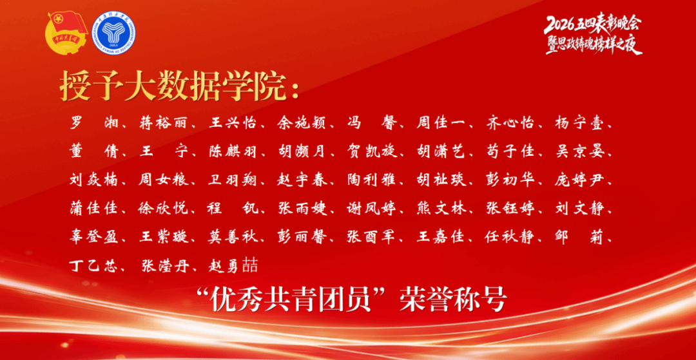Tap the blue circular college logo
tap(113, 33)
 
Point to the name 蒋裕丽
tap(162, 123)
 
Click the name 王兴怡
tap(232, 123)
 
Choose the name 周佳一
tap(440, 123)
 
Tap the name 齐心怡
tap(509, 123)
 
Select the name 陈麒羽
tap(232, 151)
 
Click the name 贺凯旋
tap(371, 151)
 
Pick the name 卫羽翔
tap(232, 180)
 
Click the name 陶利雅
tap(371, 180)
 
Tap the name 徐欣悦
tap(162, 208)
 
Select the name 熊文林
tap(440, 208)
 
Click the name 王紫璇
tap(162, 236)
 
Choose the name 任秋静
tap(509, 236)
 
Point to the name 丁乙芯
tap(93, 265)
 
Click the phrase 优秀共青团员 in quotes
tap(292, 301)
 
